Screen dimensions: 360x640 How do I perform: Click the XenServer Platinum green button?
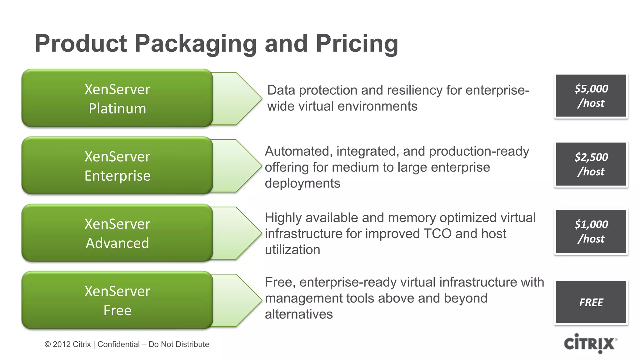coord(117,98)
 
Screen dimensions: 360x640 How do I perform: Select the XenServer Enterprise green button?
coord(117,166)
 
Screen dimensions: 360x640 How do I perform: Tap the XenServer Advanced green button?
coord(117,233)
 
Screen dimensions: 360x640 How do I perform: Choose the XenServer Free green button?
coord(117,300)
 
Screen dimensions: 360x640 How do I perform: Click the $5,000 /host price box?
coord(591,96)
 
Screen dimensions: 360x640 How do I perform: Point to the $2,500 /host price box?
coord(591,164)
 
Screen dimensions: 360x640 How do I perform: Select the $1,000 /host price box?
coord(591,231)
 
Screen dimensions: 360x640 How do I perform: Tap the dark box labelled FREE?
coord(591,302)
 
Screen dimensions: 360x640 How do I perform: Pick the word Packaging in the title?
coord(196,44)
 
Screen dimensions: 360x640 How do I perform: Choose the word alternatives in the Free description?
coord(299,314)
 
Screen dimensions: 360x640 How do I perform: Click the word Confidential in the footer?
coord(118,344)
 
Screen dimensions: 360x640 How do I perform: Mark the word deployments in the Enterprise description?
coord(302,183)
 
